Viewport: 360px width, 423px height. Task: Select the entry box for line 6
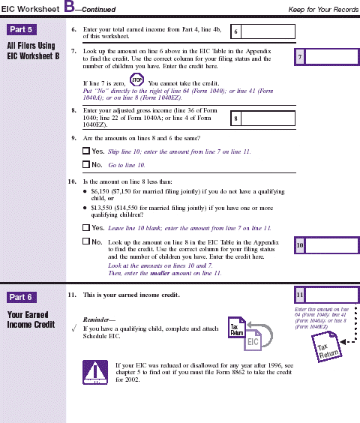point(259,32)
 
